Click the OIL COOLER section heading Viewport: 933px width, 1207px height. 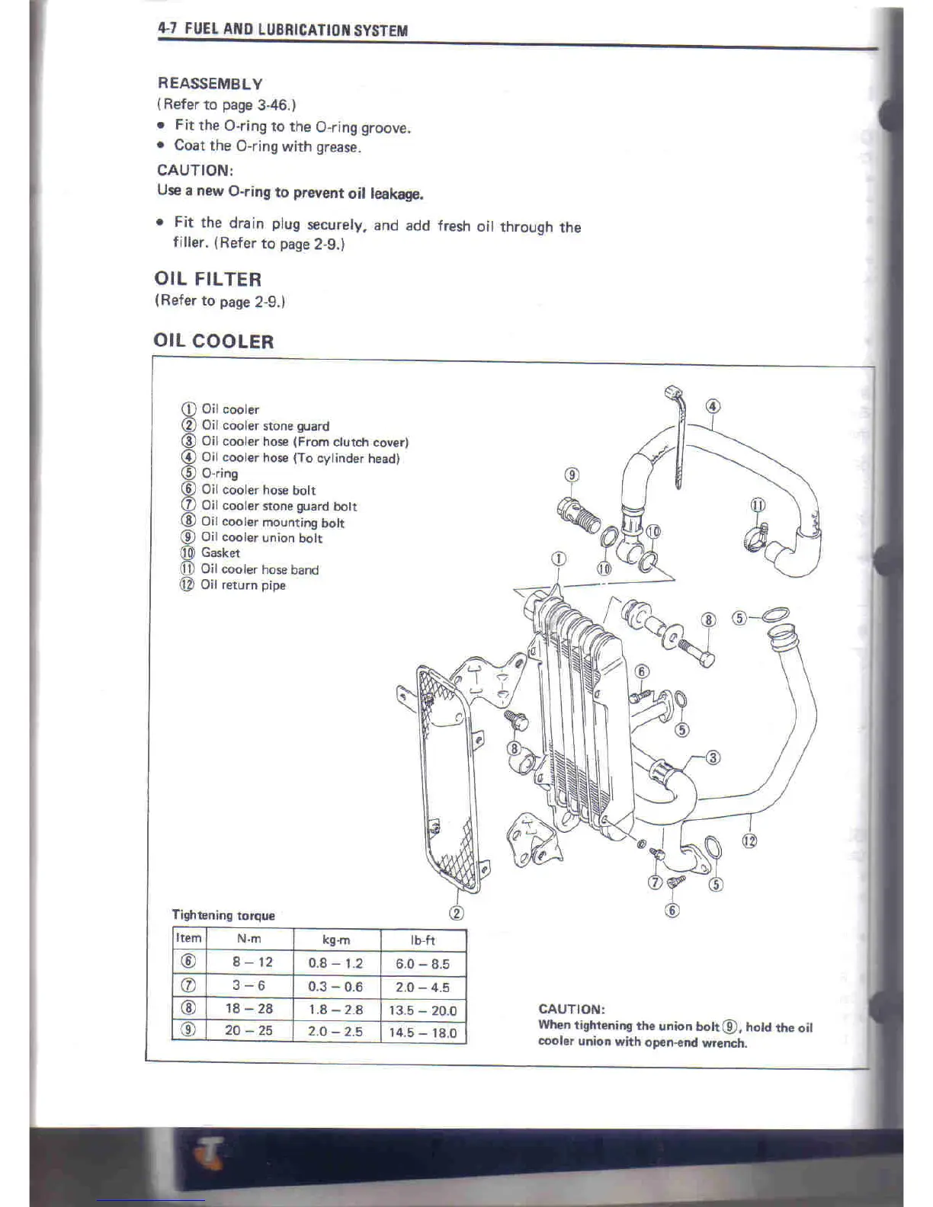[213, 341]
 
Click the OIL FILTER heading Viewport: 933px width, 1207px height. [207, 279]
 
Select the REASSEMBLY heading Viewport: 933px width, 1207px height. [210, 84]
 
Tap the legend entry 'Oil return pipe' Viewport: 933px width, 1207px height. [242, 585]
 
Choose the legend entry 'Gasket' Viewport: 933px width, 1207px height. [220, 553]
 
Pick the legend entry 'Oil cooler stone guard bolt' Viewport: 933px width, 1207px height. [278, 506]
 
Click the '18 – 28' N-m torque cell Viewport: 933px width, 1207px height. [248, 1008]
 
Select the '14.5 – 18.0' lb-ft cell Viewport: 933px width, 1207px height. [422, 1033]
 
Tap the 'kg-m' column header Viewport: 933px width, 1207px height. [336, 940]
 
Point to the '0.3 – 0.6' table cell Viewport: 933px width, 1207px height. [335, 987]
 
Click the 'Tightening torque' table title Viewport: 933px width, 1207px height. [223, 915]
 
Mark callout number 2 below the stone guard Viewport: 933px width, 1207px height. [457, 913]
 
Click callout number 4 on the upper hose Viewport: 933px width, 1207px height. [712, 406]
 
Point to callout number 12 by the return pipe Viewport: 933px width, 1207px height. [749, 841]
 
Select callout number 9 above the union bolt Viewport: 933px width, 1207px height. [572, 475]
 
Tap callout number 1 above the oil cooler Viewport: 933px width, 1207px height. [559, 559]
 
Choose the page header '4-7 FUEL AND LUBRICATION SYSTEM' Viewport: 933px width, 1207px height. [282, 30]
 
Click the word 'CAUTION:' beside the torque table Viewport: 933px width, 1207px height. [572, 1009]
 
